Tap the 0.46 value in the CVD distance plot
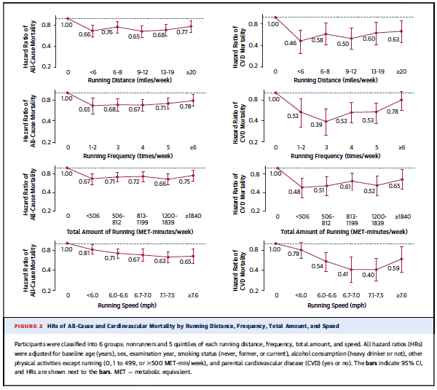[x=301, y=43]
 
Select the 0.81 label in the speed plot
[x=84, y=253]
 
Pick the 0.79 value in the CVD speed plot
[x=294, y=253]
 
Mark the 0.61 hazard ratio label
[x=345, y=187]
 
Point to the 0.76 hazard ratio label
[x=106, y=32]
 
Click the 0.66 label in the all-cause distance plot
[x=85, y=34]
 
